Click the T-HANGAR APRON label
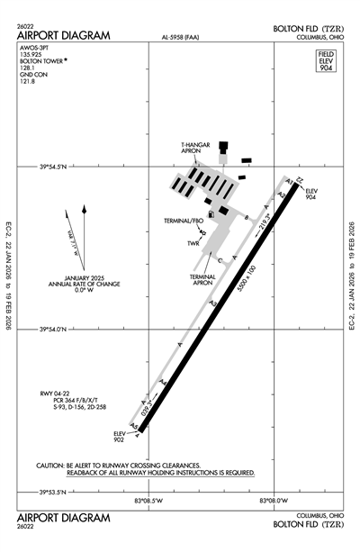coord(198,148)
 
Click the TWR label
coord(193,244)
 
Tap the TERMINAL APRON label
coord(202,279)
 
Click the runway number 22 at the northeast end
coord(300,181)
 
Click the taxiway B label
coord(246,218)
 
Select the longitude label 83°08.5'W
coord(148,501)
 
